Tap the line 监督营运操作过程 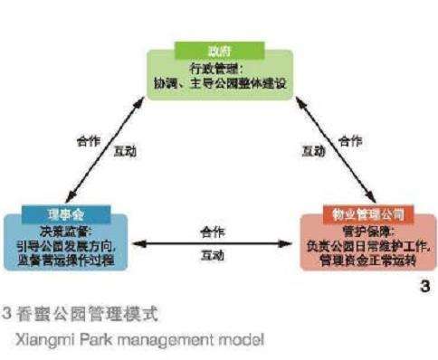point(65,259)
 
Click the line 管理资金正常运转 point(362,259)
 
